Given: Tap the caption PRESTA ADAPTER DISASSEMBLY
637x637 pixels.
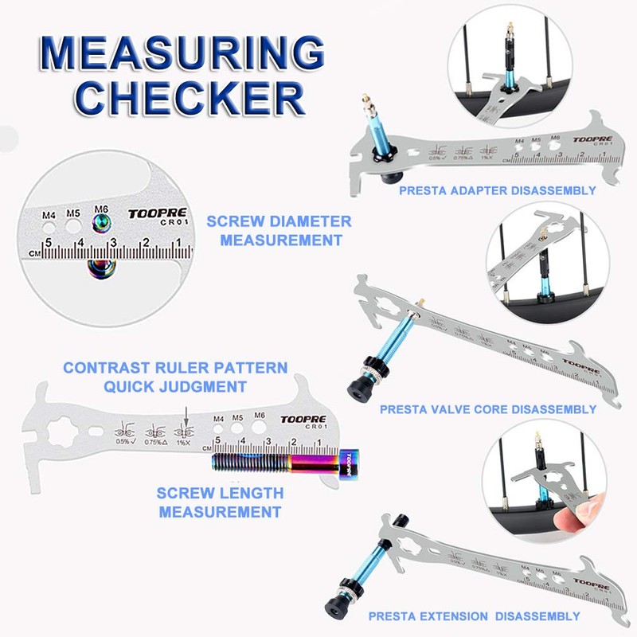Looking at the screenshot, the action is pyautogui.click(x=497, y=190).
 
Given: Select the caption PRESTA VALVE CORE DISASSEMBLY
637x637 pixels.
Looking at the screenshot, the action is pyautogui.click(x=487, y=409).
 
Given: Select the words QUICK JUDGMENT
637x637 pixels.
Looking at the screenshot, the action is pyautogui.click(x=176, y=386).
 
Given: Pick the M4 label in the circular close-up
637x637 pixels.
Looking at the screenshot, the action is pyautogui.click(x=49, y=215).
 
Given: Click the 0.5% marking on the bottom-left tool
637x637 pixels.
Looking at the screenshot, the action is pyautogui.click(x=123, y=441).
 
